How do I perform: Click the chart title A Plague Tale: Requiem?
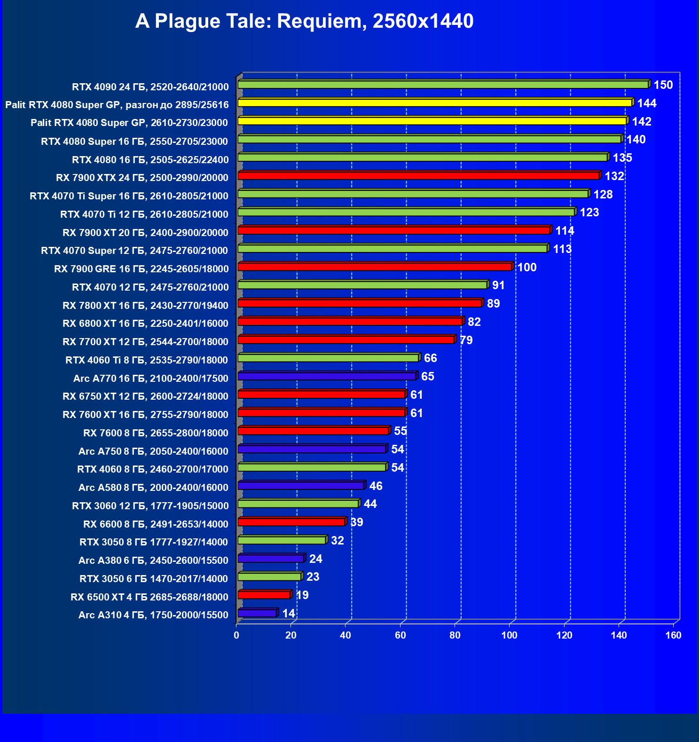pos(304,21)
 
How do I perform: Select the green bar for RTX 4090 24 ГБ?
pos(443,85)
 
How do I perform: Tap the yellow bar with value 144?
pos(435,103)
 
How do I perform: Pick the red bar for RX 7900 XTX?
pos(418,176)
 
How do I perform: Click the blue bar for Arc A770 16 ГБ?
pos(327,376)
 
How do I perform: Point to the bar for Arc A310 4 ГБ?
pos(257,613)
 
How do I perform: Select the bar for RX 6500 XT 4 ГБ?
pos(264,595)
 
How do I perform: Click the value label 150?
pos(663,85)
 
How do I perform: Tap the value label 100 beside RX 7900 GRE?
pos(527,268)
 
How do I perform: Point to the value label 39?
pos(357,522)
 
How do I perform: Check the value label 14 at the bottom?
pos(289,614)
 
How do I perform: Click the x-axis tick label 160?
pos(673,636)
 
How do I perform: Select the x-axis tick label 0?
pos(236,636)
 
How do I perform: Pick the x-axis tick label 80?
pos(455,636)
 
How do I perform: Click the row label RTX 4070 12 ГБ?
pos(150,287)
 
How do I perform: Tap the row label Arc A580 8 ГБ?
pos(153,488)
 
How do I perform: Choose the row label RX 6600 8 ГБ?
pos(156,524)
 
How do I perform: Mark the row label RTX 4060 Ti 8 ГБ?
pos(147,360)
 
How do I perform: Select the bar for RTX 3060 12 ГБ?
pos(298,504)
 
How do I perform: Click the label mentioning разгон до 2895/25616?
pos(117,104)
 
